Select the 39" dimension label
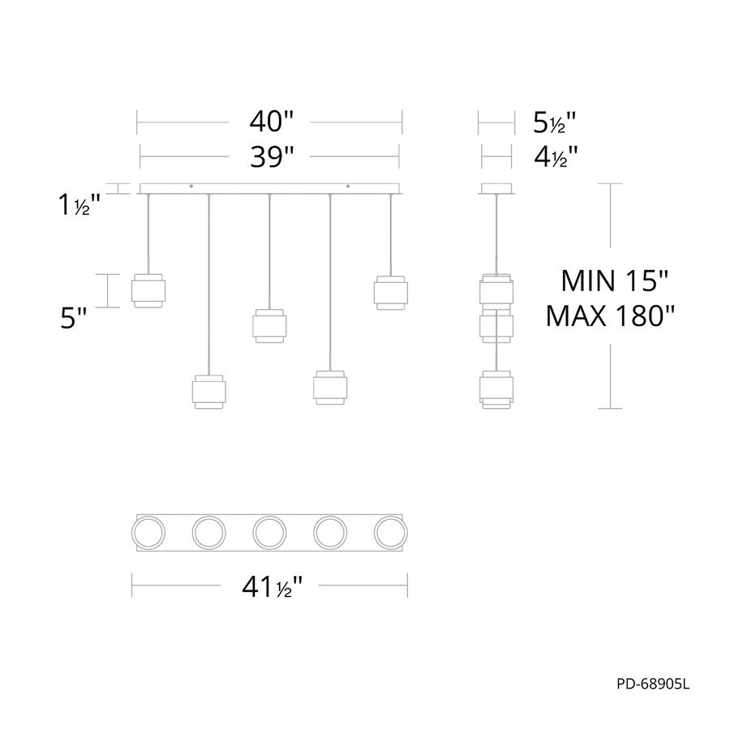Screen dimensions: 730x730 click(x=271, y=154)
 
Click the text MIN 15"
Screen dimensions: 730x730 click(x=615, y=281)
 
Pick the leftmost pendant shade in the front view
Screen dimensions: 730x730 click(x=150, y=290)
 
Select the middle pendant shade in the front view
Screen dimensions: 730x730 click(x=268, y=325)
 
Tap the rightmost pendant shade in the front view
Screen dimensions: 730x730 click(x=390, y=292)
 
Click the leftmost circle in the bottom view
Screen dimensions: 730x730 click(x=148, y=533)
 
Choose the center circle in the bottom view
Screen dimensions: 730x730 click(x=269, y=533)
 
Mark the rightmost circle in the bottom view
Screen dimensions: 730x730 click(x=390, y=533)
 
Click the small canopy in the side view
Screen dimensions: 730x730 click(x=496, y=189)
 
